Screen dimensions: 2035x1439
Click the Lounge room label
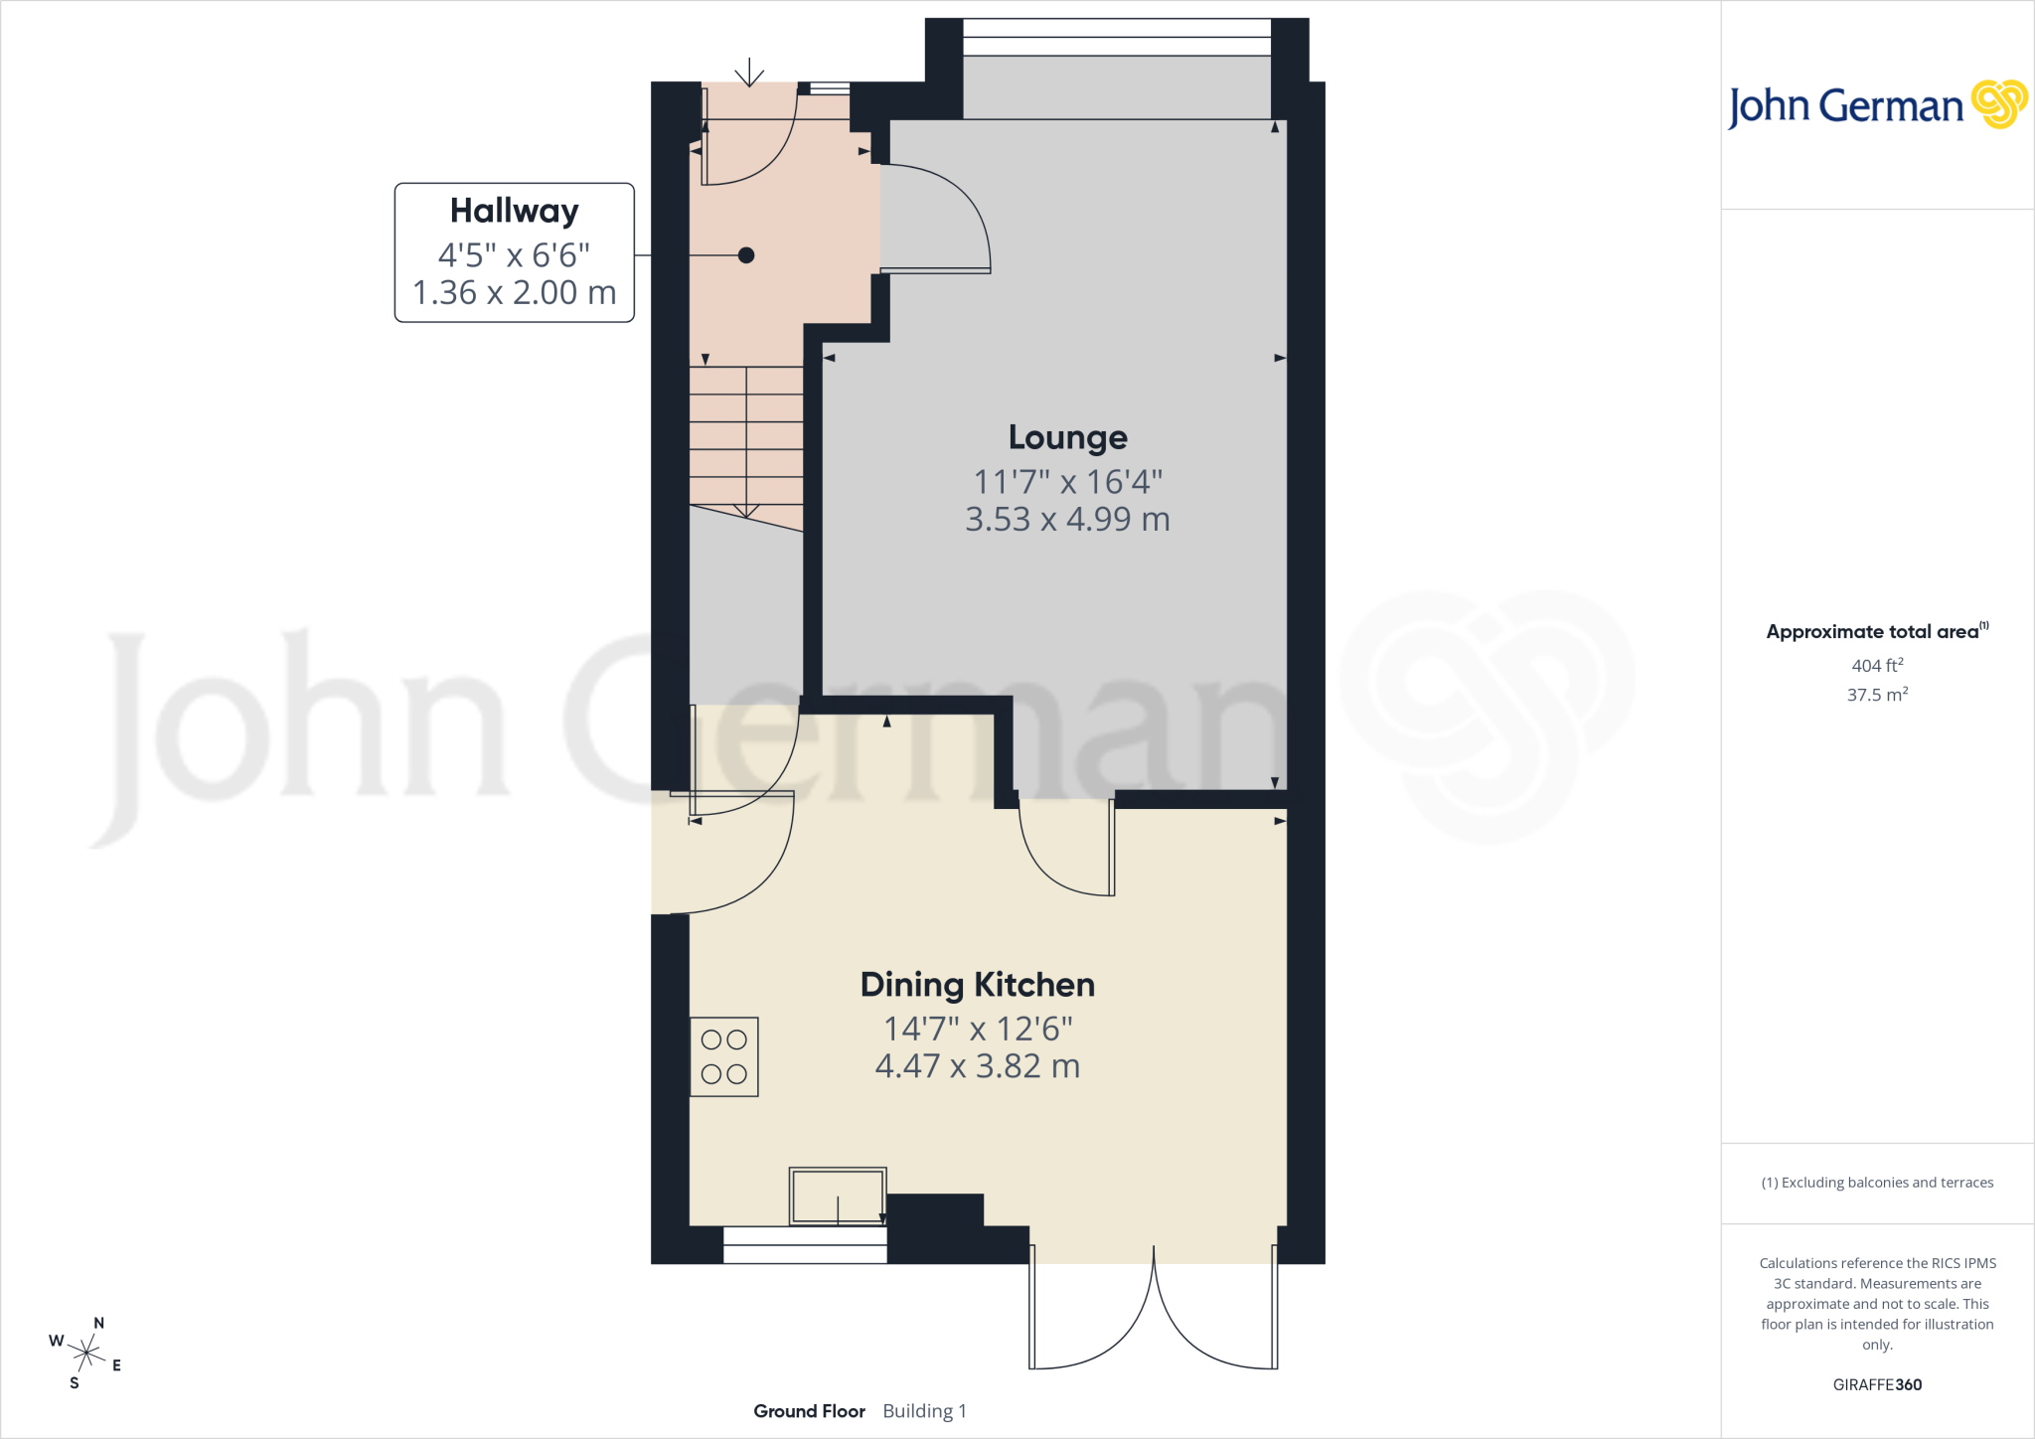[1068, 437]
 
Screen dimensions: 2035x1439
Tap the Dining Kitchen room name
[978, 985]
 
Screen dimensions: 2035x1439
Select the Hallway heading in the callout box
[515, 211]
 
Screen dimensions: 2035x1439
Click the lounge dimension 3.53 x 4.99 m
[1068, 519]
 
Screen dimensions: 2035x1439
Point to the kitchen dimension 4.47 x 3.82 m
[978, 1066]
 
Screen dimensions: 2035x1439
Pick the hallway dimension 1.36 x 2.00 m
[515, 292]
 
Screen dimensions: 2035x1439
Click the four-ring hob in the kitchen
[724, 1056]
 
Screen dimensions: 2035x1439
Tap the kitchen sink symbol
[838, 1196]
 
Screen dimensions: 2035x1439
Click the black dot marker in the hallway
[746, 255]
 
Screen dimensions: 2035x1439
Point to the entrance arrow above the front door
[749, 72]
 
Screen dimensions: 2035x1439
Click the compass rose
[85, 1353]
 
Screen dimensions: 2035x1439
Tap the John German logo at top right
[1878, 105]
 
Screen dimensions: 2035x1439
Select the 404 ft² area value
[1877, 665]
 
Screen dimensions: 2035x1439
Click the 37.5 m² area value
[1877, 694]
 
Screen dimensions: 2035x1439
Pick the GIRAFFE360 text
[1877, 1384]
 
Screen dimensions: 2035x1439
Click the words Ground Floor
[809, 1411]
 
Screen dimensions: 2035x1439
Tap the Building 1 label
[924, 1411]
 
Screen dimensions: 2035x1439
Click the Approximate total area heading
[1877, 631]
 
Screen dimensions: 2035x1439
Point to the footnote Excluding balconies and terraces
[1877, 1183]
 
